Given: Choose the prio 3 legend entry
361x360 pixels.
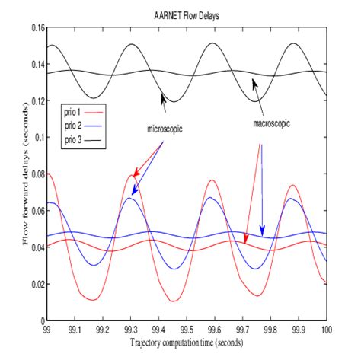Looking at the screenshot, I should pos(75,140).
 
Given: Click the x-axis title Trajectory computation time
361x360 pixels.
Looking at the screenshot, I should pos(188,344).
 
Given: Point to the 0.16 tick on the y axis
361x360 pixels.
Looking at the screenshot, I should pos(33,28).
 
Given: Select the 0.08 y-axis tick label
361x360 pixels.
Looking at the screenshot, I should pos(33,174).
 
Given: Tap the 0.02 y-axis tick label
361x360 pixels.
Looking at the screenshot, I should pos(33,284).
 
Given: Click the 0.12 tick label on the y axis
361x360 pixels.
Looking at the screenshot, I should pos(33,101).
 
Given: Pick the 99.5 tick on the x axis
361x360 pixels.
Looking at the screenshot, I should pos(188,330).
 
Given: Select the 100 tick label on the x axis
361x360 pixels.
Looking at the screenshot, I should pos(326,330).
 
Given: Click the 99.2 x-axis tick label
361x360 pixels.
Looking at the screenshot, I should pos(103,330).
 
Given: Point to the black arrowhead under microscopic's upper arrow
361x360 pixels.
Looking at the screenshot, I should pos(162,97).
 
